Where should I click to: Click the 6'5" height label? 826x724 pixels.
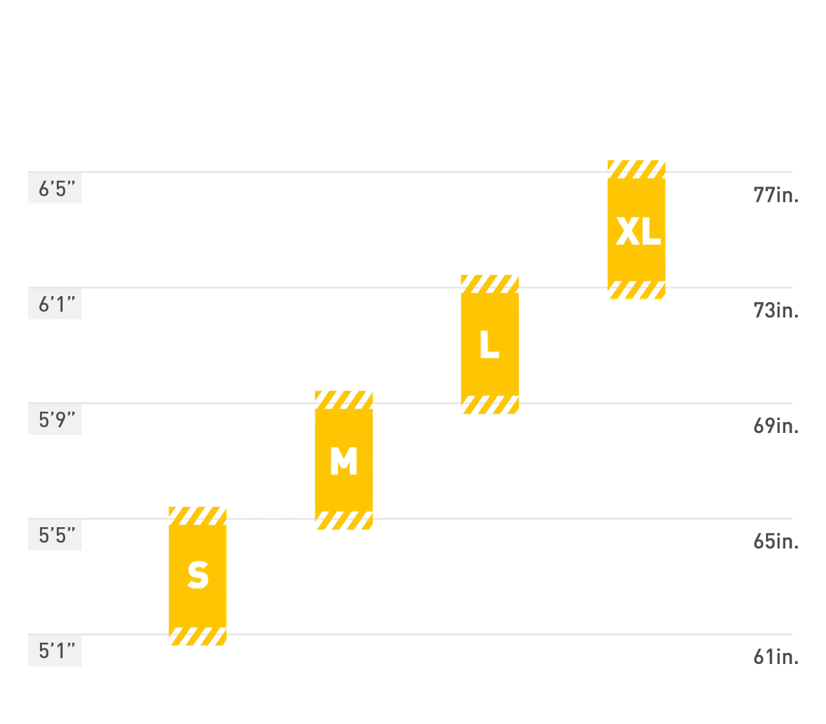click(56, 189)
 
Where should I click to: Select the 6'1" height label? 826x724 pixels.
click(56, 304)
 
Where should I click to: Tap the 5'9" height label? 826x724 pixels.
click(56, 420)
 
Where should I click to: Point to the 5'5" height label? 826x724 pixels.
click(56, 535)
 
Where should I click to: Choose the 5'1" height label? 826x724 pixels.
click(56, 651)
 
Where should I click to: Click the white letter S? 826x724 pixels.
click(198, 575)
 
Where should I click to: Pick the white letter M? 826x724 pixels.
click(344, 461)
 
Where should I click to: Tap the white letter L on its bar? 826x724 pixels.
click(490, 345)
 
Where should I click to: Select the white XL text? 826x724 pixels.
click(638, 231)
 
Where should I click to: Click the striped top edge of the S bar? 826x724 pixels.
click(197, 516)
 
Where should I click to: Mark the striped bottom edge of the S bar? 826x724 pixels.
click(198, 638)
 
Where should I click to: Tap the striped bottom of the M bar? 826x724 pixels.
click(345, 520)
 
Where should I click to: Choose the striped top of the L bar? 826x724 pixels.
click(490, 283)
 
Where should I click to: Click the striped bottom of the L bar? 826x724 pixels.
click(490, 407)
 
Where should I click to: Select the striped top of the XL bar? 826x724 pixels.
click(635, 169)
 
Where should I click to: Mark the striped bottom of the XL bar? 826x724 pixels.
click(637, 290)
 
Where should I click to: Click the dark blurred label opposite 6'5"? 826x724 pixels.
click(776, 197)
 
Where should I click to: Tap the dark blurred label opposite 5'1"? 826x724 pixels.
click(776, 656)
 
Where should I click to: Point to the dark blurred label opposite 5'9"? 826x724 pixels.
click(776, 424)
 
